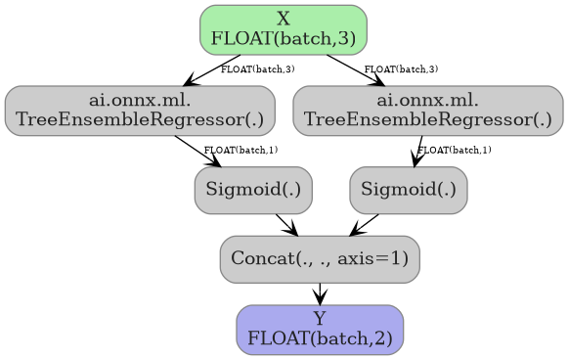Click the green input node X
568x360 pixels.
tap(283, 29)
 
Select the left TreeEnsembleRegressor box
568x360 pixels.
tap(139, 110)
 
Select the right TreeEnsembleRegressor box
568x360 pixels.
tap(427, 110)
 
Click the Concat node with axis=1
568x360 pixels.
tap(320, 259)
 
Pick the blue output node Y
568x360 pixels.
tap(320, 330)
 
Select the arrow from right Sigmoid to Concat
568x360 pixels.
tap(364, 224)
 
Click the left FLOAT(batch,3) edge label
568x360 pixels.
tap(258, 69)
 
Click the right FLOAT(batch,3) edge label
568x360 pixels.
tap(401, 69)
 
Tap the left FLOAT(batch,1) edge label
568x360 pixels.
tap(240, 150)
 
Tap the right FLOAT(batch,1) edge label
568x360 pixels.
tap(455, 150)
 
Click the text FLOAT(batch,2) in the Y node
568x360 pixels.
tap(320, 338)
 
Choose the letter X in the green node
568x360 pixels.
tap(283, 19)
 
